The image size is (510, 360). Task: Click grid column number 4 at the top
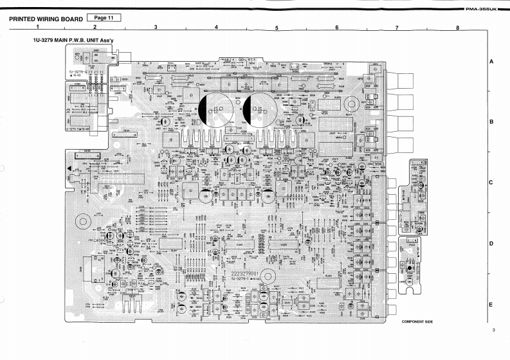(216, 28)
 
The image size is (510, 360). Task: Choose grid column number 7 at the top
(397, 28)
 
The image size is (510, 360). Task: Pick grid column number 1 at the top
(38, 28)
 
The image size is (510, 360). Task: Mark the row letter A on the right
(491, 62)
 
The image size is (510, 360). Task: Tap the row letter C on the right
(491, 183)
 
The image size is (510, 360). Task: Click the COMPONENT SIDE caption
(417, 321)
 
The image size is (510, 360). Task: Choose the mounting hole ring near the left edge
(82, 222)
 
